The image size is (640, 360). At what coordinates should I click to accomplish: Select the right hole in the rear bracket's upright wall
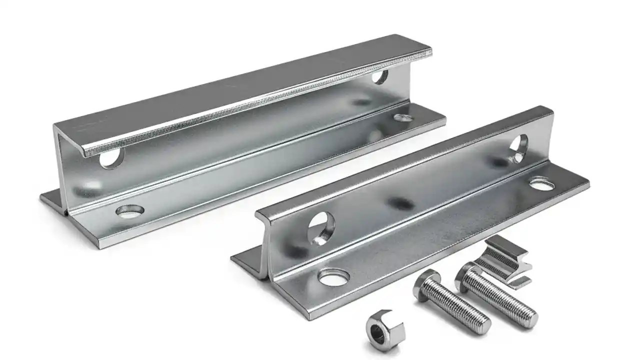[380, 76]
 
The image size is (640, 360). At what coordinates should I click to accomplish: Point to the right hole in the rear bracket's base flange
[403, 118]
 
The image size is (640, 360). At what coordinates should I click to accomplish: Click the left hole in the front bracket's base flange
[334, 277]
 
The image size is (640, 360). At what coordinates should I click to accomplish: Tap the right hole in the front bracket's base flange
[541, 184]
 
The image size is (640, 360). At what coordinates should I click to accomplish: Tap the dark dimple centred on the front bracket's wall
[401, 203]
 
